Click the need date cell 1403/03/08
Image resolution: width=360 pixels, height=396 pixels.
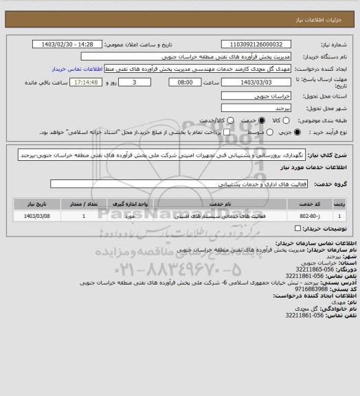(x=36, y=217)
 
